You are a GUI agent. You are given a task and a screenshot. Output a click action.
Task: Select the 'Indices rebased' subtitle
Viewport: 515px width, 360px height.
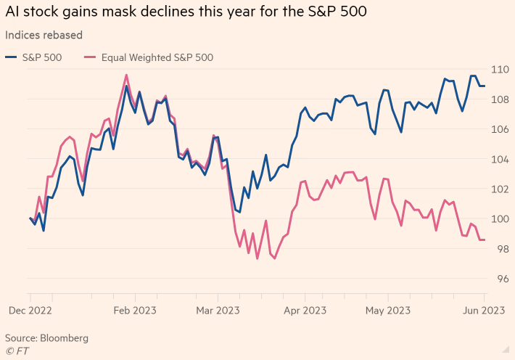point(44,35)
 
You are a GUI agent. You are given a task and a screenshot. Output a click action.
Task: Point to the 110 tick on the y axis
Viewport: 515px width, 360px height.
point(500,70)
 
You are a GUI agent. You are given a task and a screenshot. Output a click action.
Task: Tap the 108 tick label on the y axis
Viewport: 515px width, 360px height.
point(500,99)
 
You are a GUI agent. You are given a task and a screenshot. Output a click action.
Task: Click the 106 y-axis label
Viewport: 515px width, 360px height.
point(500,129)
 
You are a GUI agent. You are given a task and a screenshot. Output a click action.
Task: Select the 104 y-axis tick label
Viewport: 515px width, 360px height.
point(500,159)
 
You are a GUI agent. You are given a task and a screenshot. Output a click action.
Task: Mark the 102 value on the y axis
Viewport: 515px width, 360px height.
point(500,189)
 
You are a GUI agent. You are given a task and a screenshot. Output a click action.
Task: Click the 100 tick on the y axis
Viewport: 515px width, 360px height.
point(500,218)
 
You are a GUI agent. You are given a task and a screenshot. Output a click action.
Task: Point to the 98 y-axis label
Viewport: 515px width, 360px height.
point(500,248)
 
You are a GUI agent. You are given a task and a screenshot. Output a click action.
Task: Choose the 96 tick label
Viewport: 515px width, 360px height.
point(500,278)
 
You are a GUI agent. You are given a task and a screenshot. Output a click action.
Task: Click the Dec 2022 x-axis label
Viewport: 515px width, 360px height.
point(30,311)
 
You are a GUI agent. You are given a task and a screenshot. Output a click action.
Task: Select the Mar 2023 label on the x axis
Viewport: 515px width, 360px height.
point(218,311)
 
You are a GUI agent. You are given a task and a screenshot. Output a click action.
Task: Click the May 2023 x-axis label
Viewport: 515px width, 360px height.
point(388,311)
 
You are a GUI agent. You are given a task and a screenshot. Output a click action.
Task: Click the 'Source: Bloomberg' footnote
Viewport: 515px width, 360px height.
point(46,338)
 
